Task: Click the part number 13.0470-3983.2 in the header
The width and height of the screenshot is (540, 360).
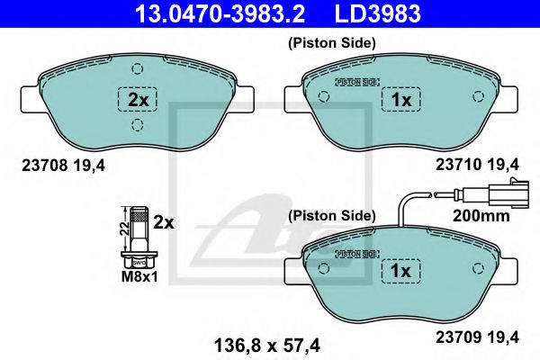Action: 213,13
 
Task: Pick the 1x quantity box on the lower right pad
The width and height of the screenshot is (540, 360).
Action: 400,271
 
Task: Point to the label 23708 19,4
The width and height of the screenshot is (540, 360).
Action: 57,163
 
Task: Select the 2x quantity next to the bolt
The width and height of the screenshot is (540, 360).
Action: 163,220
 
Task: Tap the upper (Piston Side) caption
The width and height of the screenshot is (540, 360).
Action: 330,42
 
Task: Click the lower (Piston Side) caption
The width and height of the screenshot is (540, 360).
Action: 330,216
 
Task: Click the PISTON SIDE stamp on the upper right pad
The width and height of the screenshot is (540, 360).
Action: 353,81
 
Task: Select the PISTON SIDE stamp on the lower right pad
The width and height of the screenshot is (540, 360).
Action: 353,254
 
